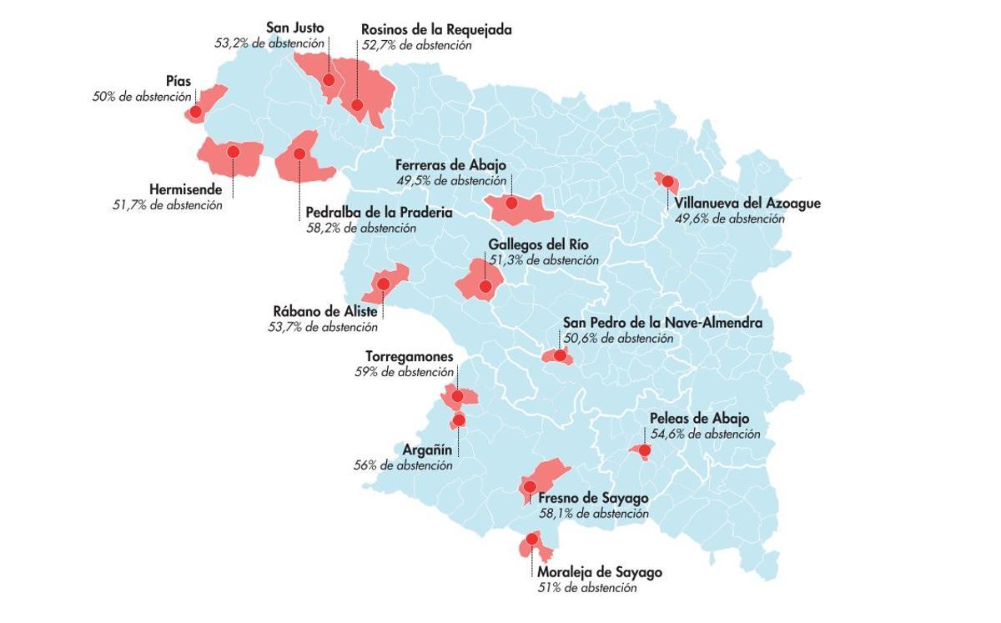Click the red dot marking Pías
[195, 111]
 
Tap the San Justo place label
[294, 28]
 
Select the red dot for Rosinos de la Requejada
[357, 105]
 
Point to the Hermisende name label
[185, 189]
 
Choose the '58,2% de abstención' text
[361, 228]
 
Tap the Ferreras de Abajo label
[450, 165]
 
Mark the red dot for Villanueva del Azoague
[667, 182]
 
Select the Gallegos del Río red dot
[485, 287]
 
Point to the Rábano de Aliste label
[325, 312]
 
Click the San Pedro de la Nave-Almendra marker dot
[560, 355]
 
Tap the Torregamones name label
[409, 357]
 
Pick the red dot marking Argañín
[458, 420]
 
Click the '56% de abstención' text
[403, 465]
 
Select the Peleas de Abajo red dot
[644, 451]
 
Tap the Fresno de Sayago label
[593, 498]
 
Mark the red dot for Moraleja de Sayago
[531, 540]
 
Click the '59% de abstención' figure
[404, 372]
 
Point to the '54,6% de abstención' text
[705, 434]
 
